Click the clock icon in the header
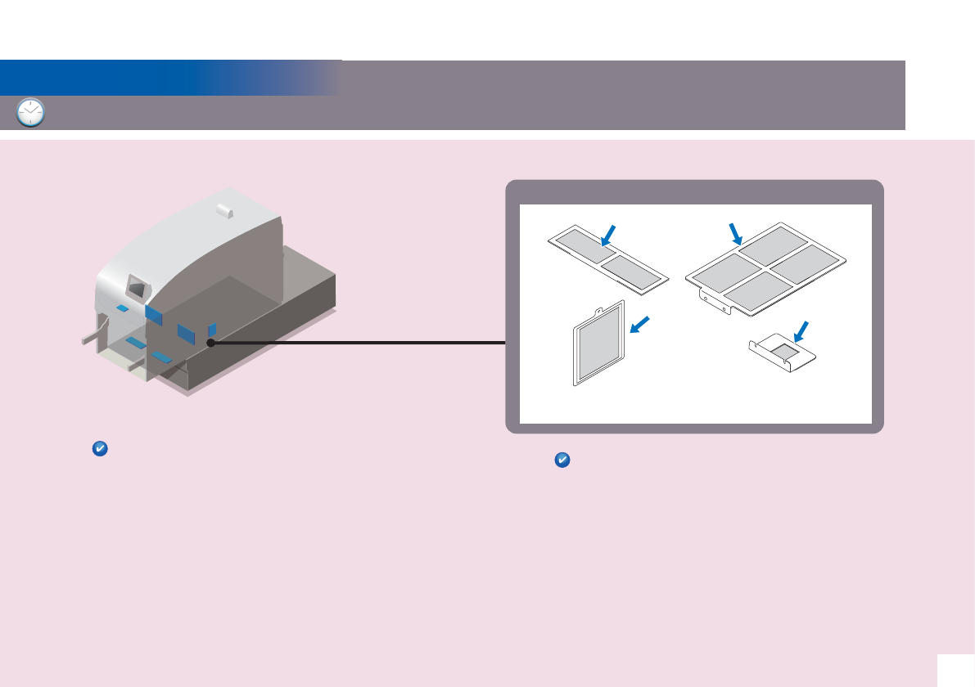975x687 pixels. click(30, 112)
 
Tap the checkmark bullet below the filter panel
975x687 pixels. click(562, 460)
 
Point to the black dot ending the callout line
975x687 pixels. click(210, 343)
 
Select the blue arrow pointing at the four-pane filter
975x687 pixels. click(735, 232)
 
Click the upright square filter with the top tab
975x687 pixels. click(600, 343)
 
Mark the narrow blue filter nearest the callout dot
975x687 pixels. click(212, 329)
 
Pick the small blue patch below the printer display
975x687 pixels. click(122, 308)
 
